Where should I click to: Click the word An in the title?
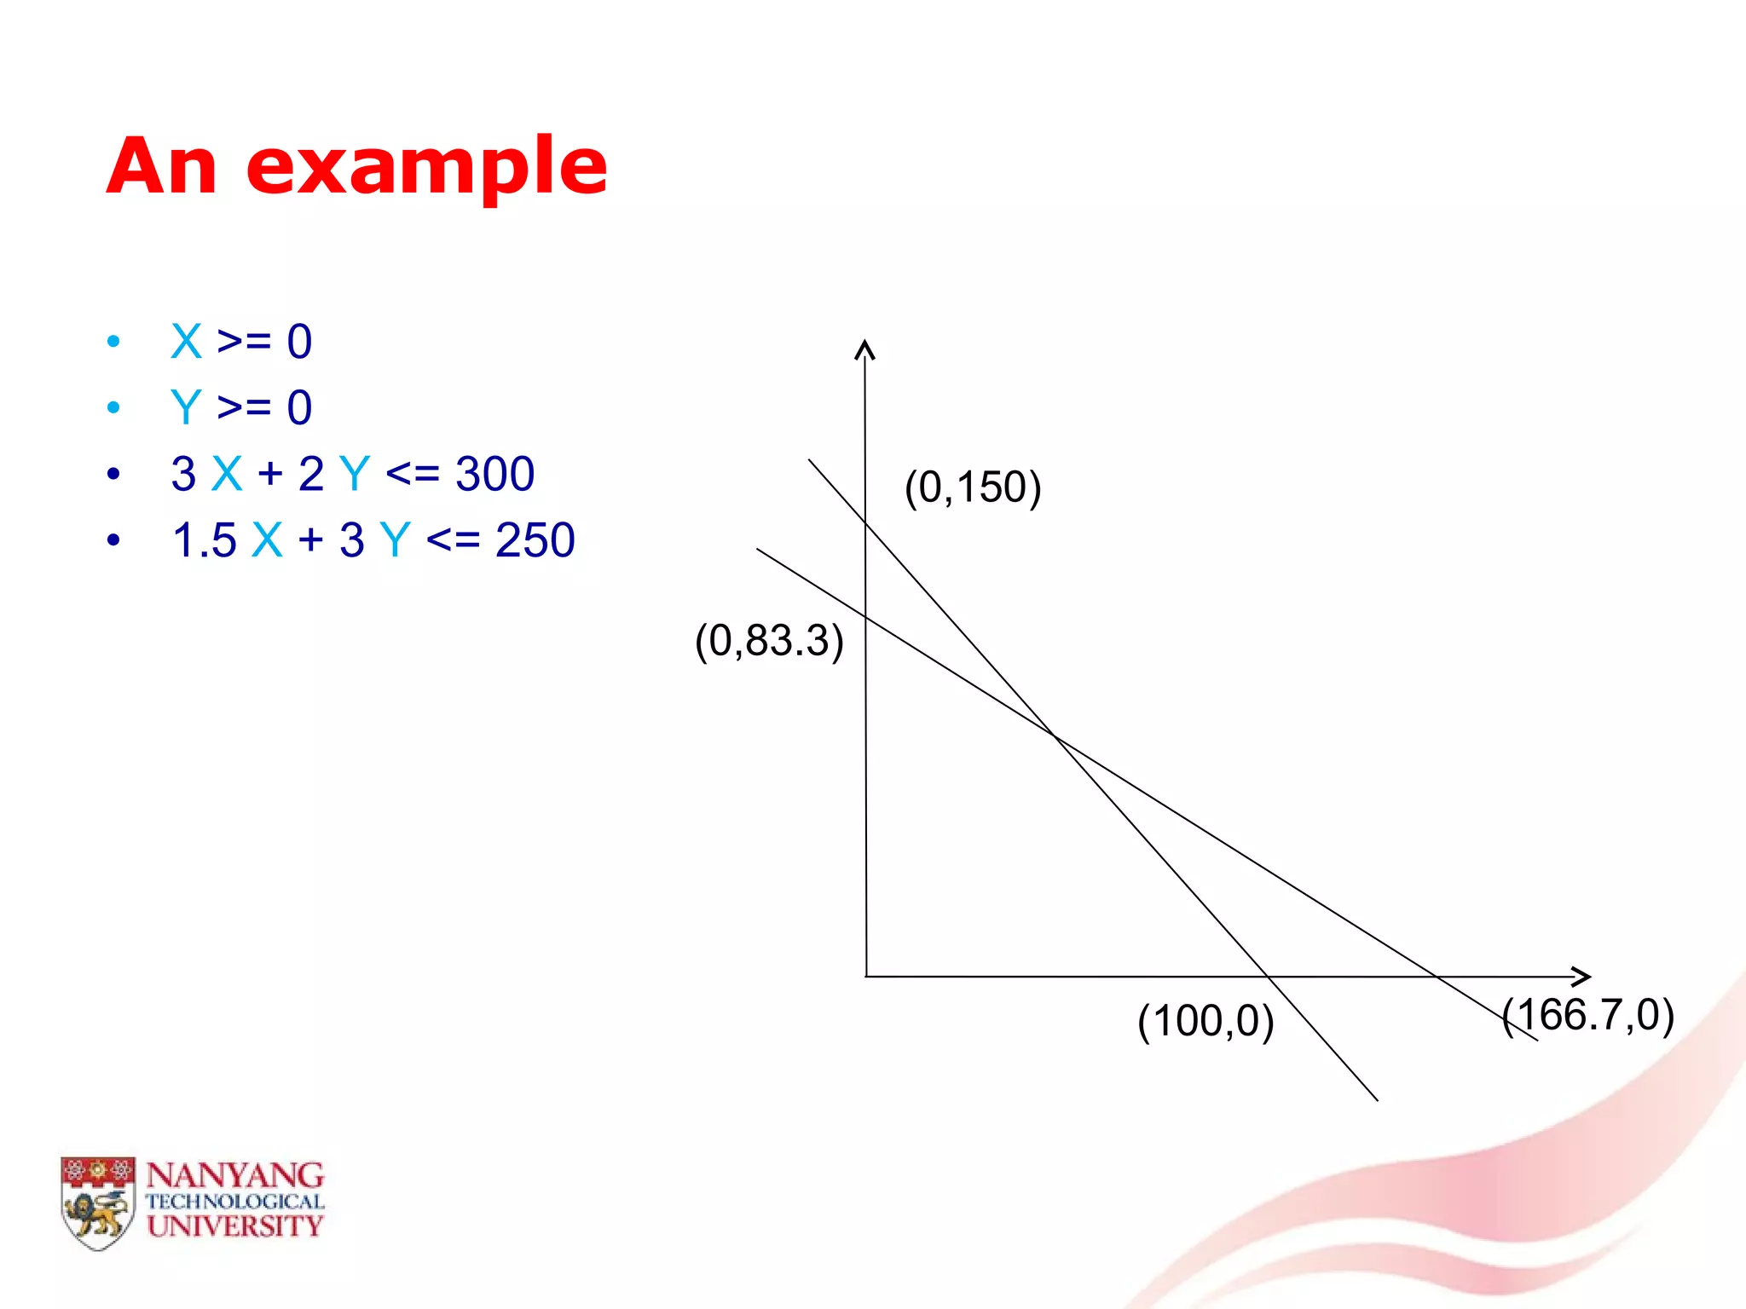(x=162, y=166)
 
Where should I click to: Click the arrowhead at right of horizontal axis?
(x=1582, y=977)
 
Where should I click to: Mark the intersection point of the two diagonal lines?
(x=1054, y=735)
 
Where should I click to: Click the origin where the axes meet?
(x=866, y=977)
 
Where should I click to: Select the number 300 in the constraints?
(x=494, y=474)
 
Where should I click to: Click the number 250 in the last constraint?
(x=535, y=540)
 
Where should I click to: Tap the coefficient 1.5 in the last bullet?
(x=204, y=540)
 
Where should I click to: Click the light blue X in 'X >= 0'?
(x=186, y=342)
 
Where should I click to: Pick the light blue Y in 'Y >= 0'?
(x=185, y=407)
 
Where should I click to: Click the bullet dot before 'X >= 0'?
(x=113, y=342)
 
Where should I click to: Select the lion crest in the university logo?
(x=98, y=1203)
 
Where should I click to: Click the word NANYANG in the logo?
(x=235, y=1176)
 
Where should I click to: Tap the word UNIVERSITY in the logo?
(x=235, y=1226)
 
